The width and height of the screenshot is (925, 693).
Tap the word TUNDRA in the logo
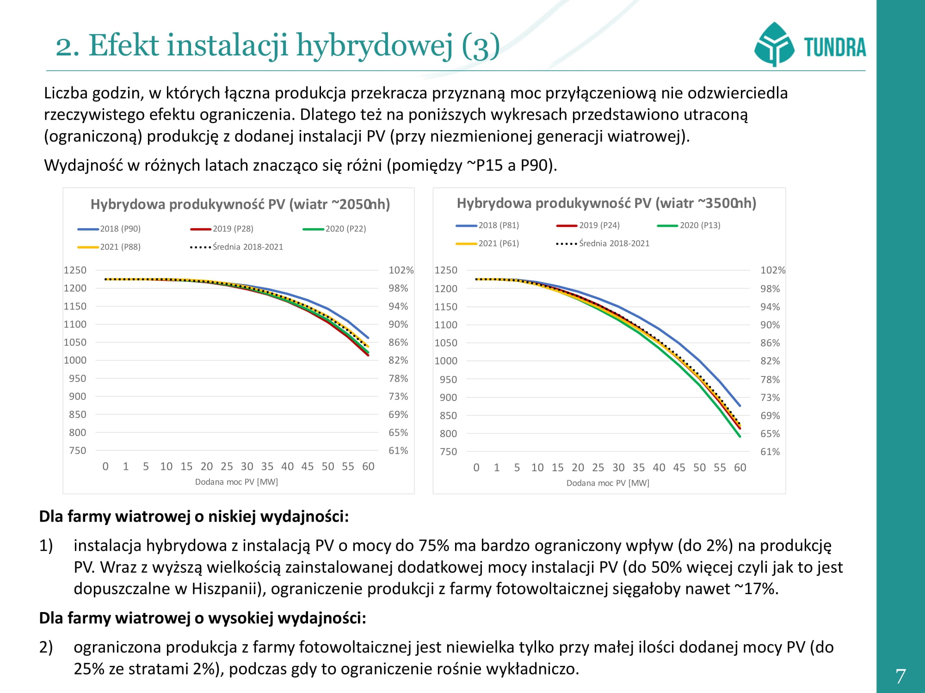tap(835, 48)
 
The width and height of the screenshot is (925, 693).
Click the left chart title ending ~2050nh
tap(240, 204)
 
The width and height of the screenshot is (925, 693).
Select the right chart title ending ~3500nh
tap(606, 203)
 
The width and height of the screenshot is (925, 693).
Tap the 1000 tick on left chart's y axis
tap(75, 360)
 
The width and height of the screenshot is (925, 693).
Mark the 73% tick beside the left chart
tap(398, 396)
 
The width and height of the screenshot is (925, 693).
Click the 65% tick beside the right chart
tap(770, 434)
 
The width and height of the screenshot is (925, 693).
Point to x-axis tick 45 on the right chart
tap(679, 468)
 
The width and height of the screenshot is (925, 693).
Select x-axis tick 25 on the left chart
tap(227, 467)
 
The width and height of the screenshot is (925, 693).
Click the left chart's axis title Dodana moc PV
tap(236, 482)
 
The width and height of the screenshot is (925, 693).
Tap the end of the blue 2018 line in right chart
tap(740, 406)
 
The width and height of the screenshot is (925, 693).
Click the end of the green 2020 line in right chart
tap(740, 436)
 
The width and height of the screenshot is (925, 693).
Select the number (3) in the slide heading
tap(481, 46)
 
